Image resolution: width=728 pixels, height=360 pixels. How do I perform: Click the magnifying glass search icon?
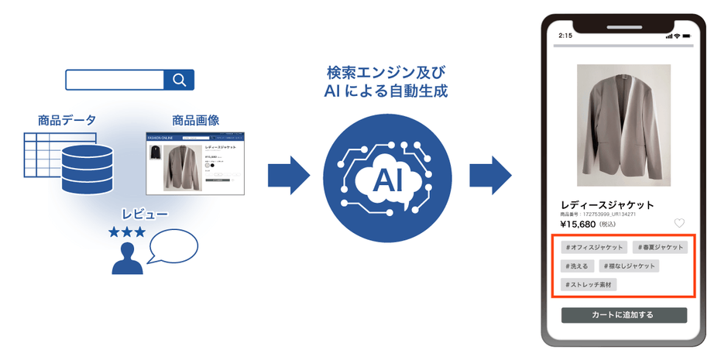tap(179, 81)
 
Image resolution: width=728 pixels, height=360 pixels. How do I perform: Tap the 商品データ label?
tap(67, 120)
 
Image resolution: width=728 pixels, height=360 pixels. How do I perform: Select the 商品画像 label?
tap(195, 120)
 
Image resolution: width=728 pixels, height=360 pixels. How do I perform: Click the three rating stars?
tap(126, 231)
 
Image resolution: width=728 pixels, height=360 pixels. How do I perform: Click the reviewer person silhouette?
tap(127, 259)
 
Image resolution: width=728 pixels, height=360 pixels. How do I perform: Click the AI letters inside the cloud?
tap(386, 180)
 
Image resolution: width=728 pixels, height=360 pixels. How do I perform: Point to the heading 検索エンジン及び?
tap(386, 74)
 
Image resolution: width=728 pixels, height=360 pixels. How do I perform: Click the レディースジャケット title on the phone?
tap(607, 204)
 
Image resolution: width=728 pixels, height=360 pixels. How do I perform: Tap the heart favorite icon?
tap(679, 223)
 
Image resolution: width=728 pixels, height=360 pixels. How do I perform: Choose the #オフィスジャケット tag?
tap(594, 247)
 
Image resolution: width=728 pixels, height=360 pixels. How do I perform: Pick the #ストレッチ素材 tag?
tap(590, 285)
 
